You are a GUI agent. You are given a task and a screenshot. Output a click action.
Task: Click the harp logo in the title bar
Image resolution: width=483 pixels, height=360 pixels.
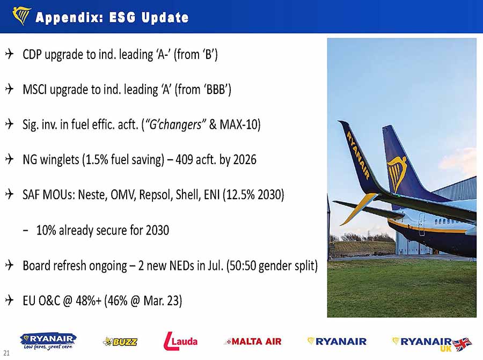pyautogui.click(x=21, y=16)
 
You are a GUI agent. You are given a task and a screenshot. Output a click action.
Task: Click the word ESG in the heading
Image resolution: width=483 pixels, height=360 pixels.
pyautogui.click(x=122, y=17)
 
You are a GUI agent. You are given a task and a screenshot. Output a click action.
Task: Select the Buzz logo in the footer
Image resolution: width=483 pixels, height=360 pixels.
pyautogui.click(x=120, y=342)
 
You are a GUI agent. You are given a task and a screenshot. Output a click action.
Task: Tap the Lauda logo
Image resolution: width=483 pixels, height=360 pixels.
pyautogui.click(x=180, y=341)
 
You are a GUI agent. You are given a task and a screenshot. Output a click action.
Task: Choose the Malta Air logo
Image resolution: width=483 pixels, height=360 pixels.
pyautogui.click(x=253, y=341)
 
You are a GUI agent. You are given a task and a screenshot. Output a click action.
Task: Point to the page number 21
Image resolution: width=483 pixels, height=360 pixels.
pyautogui.click(x=6, y=353)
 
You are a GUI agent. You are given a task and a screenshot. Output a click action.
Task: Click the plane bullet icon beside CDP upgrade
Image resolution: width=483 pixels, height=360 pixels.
pyautogui.click(x=10, y=54)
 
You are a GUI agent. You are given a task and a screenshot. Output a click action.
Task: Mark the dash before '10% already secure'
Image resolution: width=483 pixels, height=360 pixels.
pyautogui.click(x=26, y=230)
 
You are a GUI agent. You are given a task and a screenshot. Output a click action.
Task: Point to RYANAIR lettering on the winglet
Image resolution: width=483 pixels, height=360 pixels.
pyautogui.click(x=358, y=155)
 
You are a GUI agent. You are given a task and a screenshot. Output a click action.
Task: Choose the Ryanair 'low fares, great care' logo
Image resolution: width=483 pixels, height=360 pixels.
pyautogui.click(x=48, y=341)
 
